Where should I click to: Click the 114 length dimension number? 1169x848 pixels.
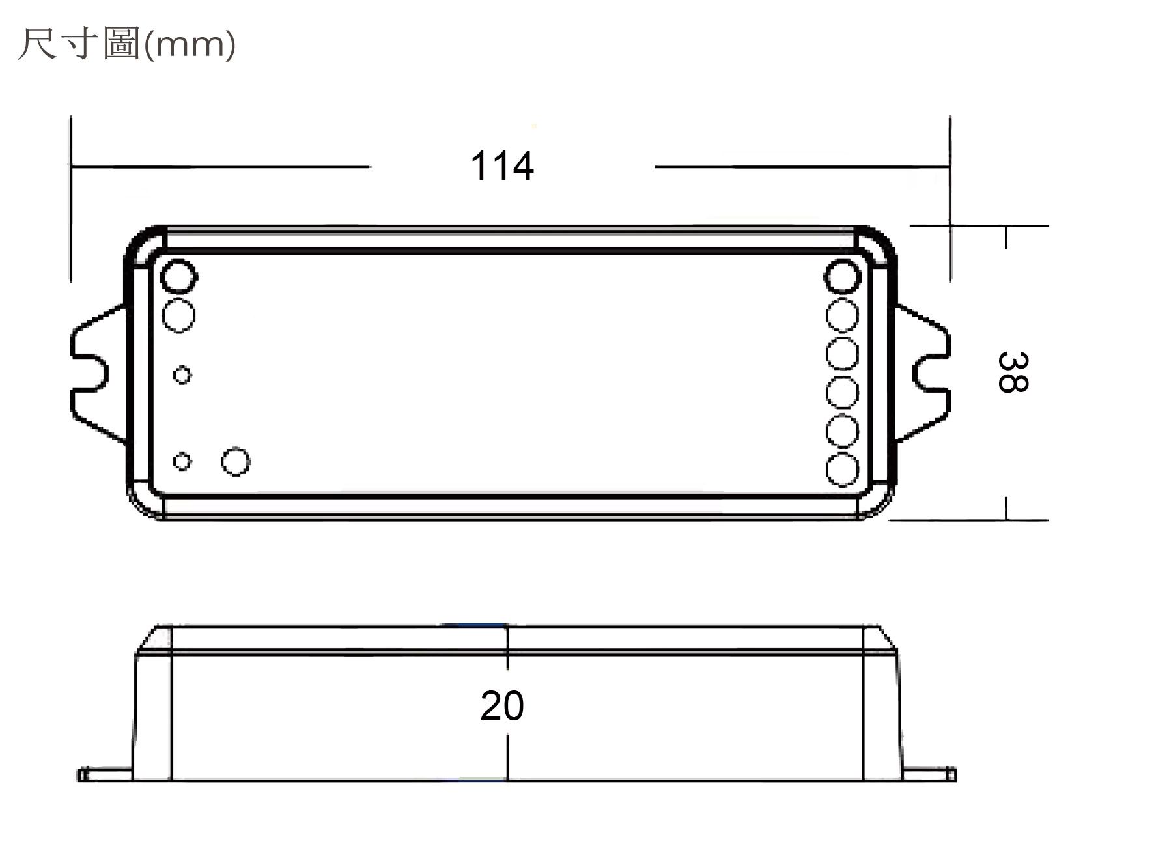click(501, 166)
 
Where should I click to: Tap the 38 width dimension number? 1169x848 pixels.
click(1012, 372)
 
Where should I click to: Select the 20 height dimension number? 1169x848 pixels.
click(501, 705)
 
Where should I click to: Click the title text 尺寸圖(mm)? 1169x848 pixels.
click(126, 44)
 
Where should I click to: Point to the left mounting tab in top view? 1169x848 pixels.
click(98, 374)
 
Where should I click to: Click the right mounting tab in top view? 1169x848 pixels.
click(923, 374)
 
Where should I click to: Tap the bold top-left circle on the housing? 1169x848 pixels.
click(178, 277)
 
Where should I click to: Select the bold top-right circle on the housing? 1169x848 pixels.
click(843, 277)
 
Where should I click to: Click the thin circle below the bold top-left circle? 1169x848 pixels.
click(178, 315)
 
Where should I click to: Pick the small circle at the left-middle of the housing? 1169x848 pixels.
click(182, 375)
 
